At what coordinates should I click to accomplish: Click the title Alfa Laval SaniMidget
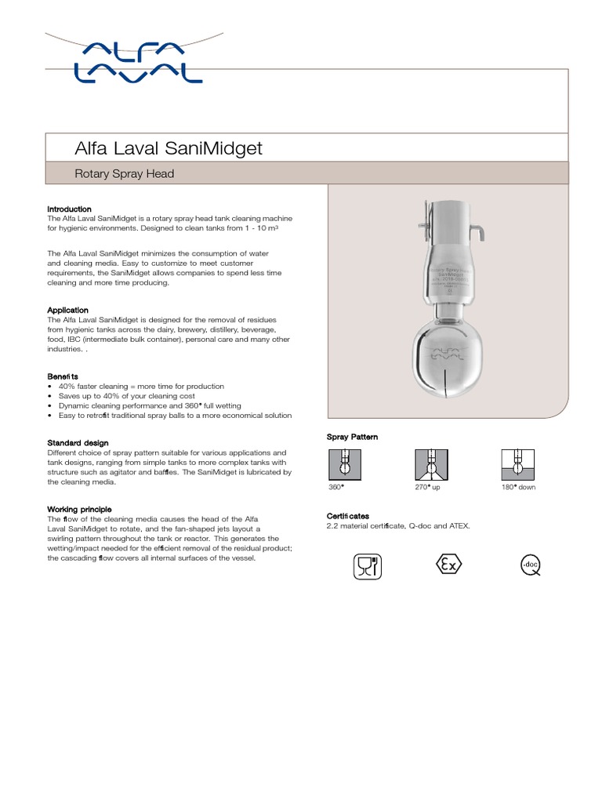[168, 148]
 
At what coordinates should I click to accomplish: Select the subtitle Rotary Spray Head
[124, 173]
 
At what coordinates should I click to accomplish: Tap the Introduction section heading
[69, 209]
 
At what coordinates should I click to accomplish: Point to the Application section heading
[67, 310]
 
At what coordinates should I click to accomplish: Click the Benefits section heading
[63, 376]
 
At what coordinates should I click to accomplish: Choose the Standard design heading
[78, 443]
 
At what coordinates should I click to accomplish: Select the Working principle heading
[79, 509]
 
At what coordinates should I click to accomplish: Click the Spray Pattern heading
[352, 437]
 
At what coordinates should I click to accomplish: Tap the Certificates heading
[347, 516]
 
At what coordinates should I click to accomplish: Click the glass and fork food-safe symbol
[367, 566]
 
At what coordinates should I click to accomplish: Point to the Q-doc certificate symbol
[530, 565]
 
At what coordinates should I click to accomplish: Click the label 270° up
[428, 487]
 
